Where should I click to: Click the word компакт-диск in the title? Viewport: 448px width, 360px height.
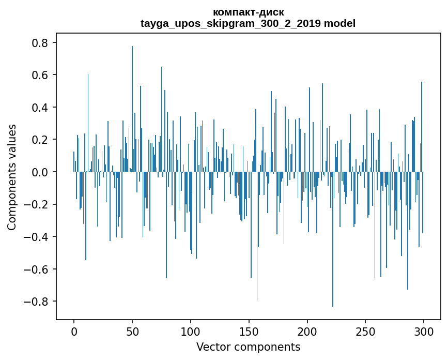(x=248, y=12)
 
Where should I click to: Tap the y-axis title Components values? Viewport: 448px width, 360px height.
(x=12, y=177)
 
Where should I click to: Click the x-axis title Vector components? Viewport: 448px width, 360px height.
(x=248, y=347)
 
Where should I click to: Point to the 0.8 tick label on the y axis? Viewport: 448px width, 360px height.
(x=40, y=43)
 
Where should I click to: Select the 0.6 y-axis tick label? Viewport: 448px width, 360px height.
(x=40, y=75)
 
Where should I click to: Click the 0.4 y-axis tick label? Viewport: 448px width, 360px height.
(x=40, y=108)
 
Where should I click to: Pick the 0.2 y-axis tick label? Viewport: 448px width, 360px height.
(x=40, y=140)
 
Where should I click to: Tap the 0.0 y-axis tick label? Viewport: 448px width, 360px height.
(x=40, y=172)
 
